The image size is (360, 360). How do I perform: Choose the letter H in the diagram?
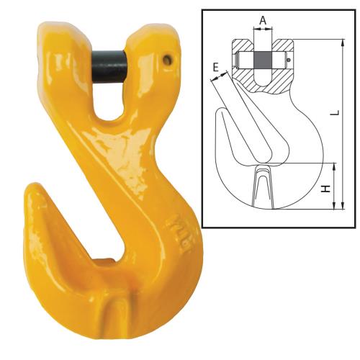(x=326, y=189)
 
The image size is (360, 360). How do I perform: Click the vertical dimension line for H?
(x=336, y=186)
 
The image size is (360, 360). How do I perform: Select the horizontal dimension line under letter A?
(x=264, y=29)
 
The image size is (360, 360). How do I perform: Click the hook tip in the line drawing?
(x=220, y=115)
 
